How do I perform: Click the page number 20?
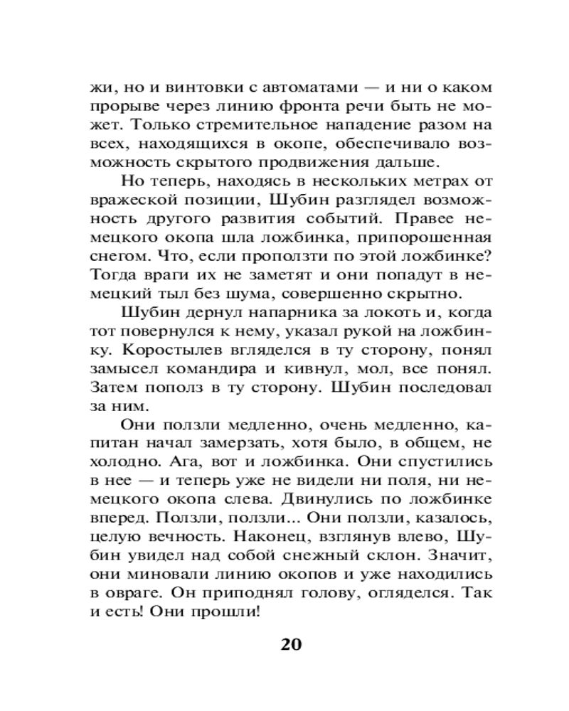[292, 646]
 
